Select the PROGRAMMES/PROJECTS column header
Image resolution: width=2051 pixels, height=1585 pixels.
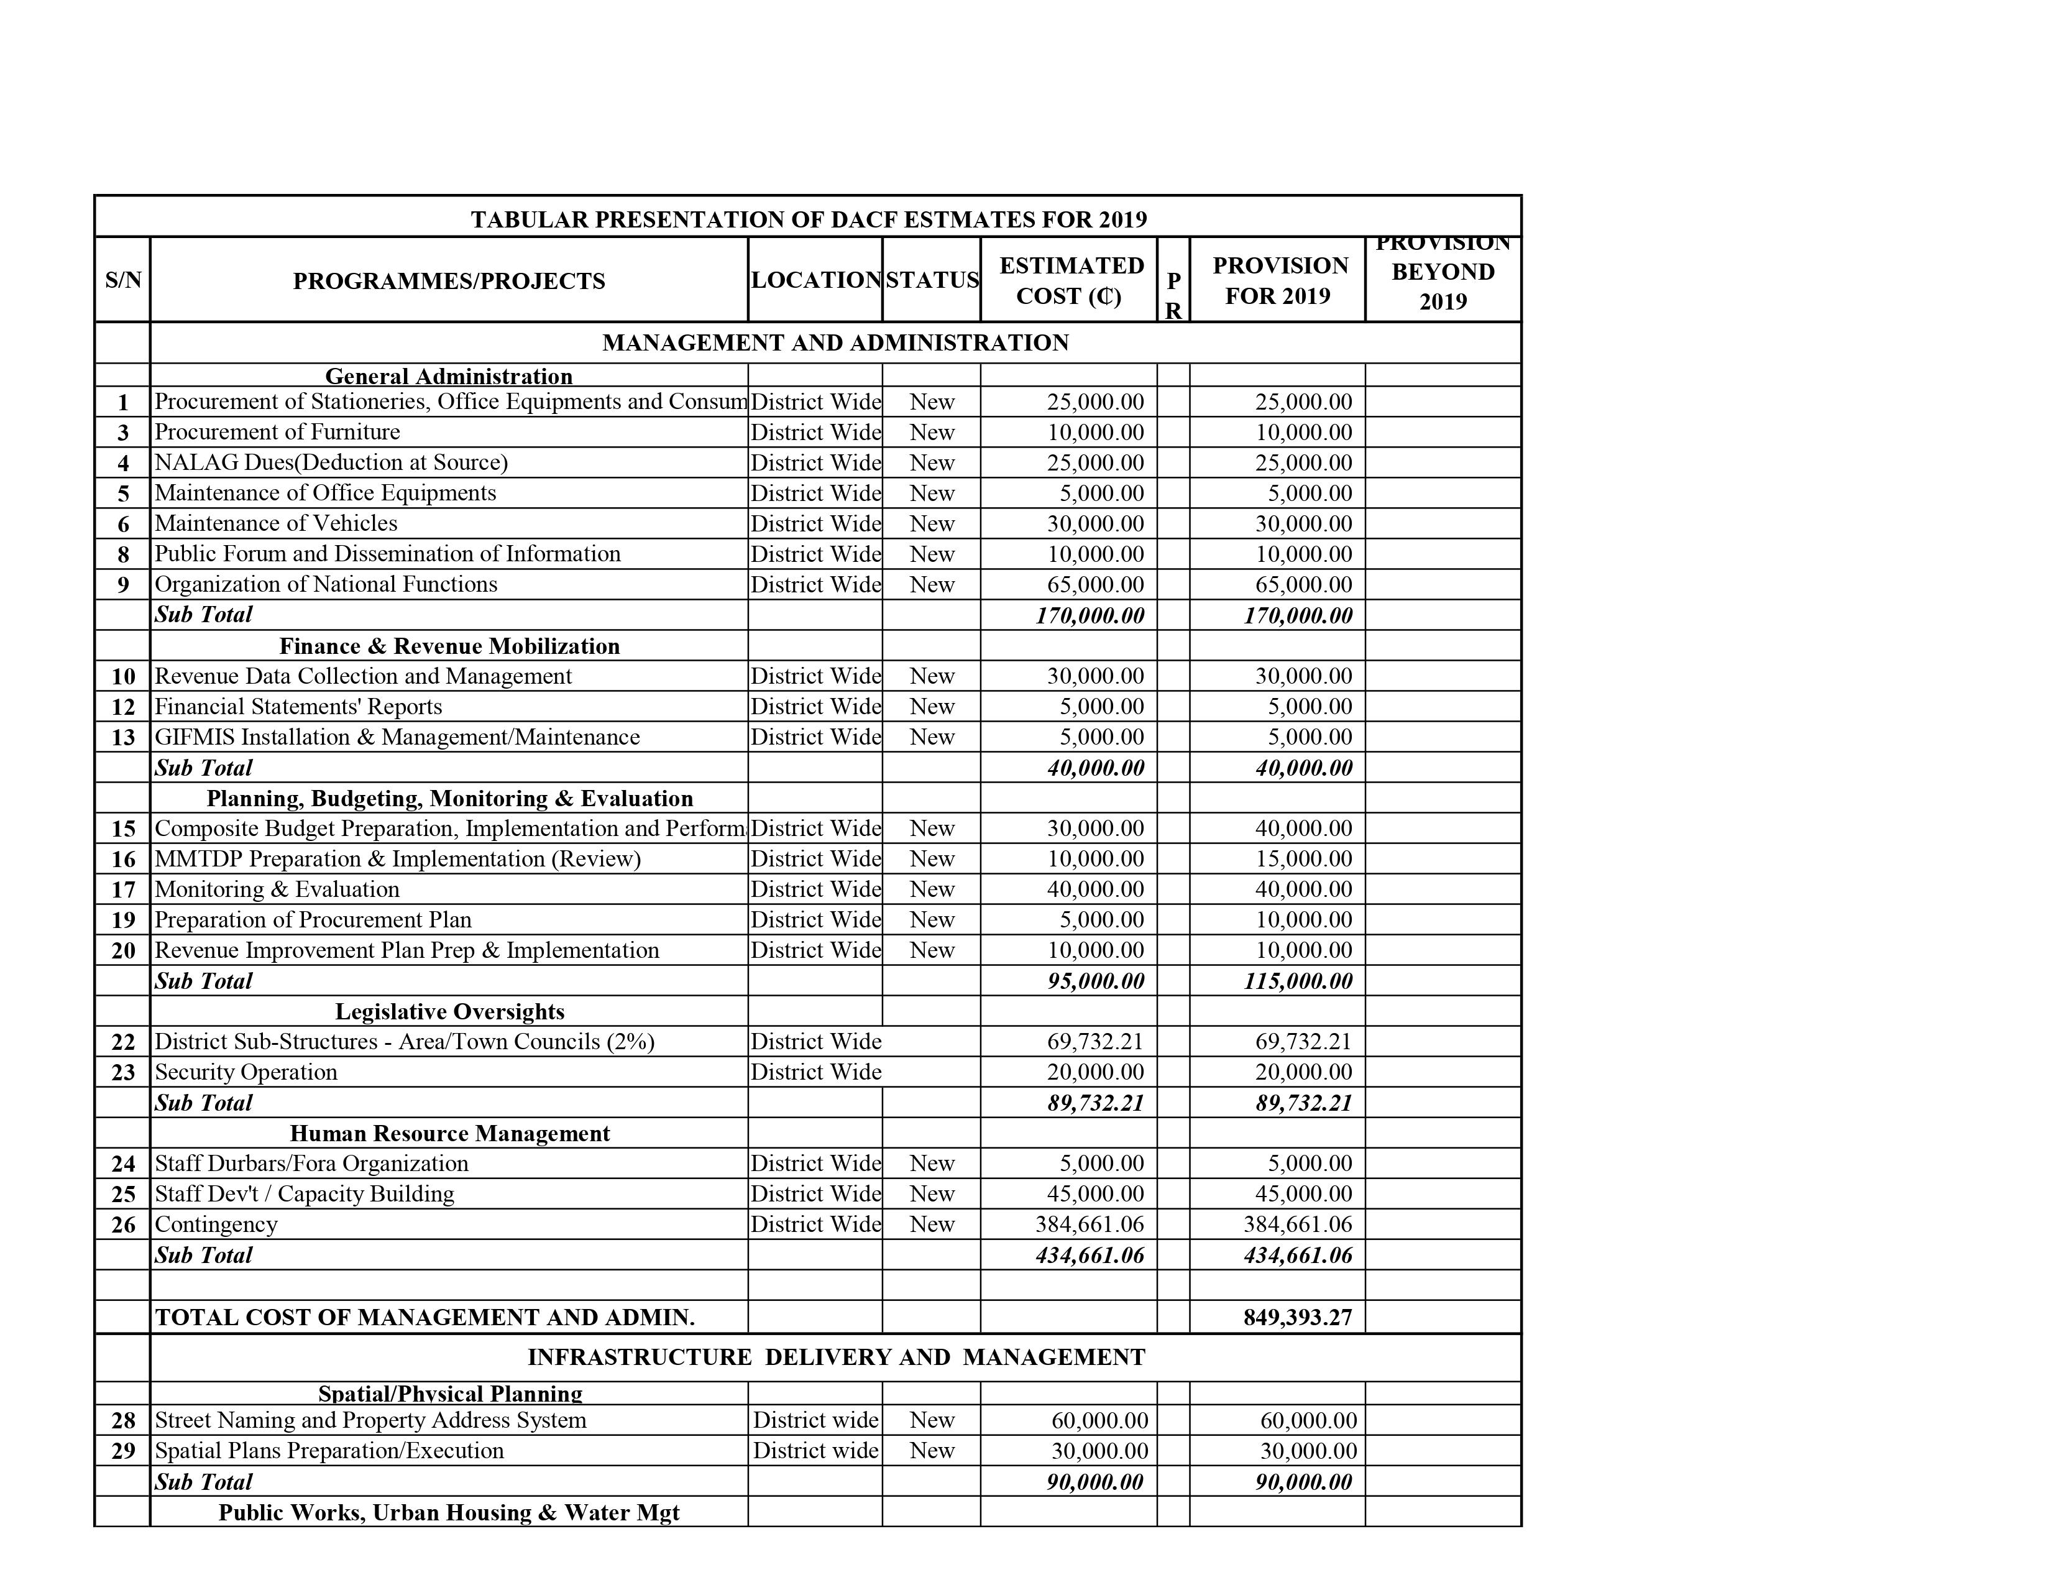pos(449,281)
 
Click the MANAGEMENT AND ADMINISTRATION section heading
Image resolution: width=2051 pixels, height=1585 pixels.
pos(835,342)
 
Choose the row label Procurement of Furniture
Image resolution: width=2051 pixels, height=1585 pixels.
pos(277,432)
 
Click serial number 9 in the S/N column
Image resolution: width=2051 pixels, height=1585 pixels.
pos(123,585)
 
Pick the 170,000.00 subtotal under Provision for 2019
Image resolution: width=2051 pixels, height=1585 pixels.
pos(1298,616)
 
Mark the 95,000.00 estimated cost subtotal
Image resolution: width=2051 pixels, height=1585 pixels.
pos(1095,981)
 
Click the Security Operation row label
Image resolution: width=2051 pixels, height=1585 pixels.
pos(246,1072)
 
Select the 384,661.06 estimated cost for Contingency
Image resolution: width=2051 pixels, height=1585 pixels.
pos(1090,1224)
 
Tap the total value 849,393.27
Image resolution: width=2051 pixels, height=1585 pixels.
pos(1298,1317)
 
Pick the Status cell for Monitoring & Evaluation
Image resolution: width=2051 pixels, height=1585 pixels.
pos(932,889)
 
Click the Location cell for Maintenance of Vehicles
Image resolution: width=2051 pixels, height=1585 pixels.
pos(815,524)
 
